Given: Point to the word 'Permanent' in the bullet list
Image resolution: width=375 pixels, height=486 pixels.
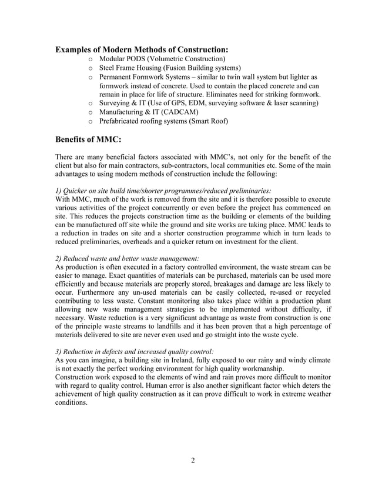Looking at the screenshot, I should (118, 77).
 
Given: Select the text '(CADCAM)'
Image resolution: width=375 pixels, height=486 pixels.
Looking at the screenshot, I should (178, 112).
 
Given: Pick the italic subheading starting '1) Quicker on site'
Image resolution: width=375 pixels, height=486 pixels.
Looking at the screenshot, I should (163, 191).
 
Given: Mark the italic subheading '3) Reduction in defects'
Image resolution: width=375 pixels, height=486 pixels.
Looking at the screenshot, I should (134, 350).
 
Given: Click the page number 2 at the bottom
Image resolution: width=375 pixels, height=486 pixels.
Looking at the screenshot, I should (192, 460).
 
